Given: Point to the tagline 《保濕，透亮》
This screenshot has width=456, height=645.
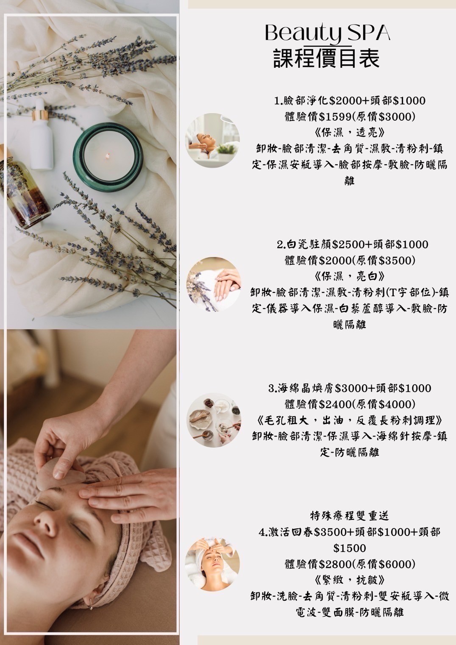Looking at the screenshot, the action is coord(349,133).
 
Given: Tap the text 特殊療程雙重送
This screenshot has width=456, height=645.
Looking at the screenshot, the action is coord(350,516).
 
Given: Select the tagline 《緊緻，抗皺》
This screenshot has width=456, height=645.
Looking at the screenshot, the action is coord(349,580).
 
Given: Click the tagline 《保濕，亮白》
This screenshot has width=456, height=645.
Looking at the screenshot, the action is coord(349,276).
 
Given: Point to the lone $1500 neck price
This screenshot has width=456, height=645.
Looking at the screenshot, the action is coord(350,548).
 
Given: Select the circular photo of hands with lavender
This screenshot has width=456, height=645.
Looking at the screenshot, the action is coord(214,284).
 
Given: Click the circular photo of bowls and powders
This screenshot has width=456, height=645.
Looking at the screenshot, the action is coord(214,420).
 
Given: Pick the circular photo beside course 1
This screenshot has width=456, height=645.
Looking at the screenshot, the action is coord(212,141).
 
